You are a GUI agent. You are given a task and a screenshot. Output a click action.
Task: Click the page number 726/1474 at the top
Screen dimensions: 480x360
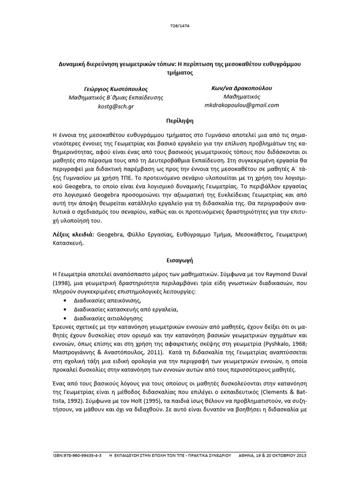pyautogui.click(x=180, y=27)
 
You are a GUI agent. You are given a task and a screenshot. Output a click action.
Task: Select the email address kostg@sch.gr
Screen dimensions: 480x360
pyautogui.click(x=116, y=107)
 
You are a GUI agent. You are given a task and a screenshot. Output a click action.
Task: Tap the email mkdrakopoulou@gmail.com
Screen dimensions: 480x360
pyautogui.click(x=242, y=105)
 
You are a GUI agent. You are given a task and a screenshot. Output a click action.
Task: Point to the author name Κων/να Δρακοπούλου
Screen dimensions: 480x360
pyautogui.click(x=242, y=88)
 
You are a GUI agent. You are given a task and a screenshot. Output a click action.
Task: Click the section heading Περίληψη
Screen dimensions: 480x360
pyautogui.click(x=180, y=120)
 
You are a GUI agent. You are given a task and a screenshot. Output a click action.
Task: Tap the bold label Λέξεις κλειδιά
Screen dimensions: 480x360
pyautogui.click(x=73, y=233)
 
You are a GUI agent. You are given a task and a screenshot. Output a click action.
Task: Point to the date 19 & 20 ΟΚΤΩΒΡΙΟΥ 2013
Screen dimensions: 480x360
pyautogui.click(x=282, y=455)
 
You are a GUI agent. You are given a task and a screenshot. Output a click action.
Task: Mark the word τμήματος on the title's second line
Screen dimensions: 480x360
pyautogui.click(x=180, y=73)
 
